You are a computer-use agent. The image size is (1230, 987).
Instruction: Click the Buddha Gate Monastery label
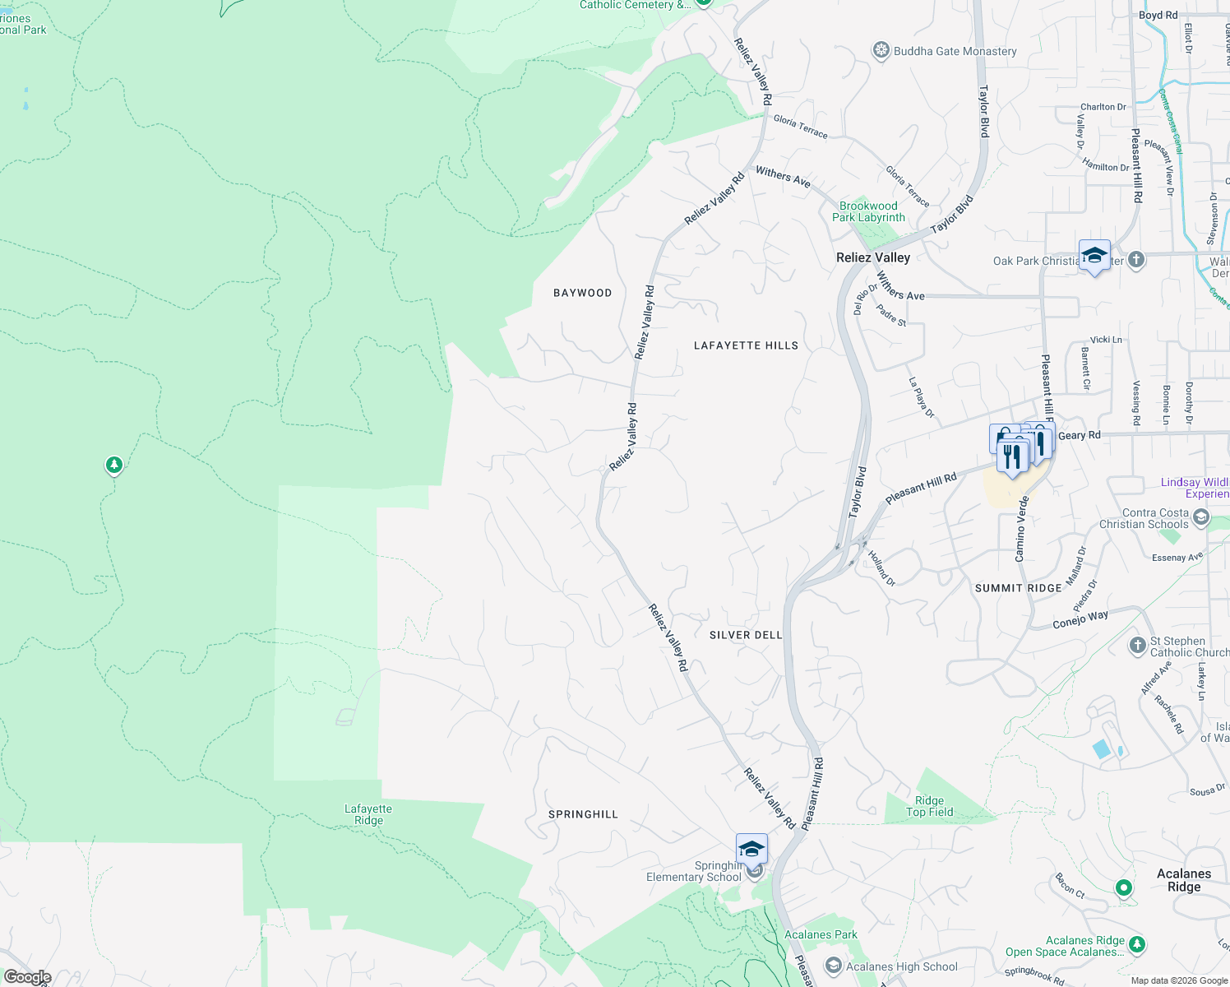(955, 51)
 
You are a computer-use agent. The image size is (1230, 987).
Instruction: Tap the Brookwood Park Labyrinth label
(868, 212)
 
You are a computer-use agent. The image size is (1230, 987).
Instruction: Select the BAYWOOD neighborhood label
(582, 293)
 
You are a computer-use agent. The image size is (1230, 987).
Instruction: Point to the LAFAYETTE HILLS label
(746, 345)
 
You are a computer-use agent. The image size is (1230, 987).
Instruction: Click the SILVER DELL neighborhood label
(746, 635)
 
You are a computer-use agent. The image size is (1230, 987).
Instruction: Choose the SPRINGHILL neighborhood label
(583, 814)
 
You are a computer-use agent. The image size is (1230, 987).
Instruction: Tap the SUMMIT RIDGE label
(1018, 588)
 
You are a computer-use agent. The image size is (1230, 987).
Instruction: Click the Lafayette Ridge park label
(368, 814)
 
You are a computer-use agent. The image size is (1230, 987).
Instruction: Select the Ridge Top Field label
(929, 806)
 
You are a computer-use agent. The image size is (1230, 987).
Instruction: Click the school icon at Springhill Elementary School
(751, 849)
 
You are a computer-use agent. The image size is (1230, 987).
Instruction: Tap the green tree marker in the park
(114, 466)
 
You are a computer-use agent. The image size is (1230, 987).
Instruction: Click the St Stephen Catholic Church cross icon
(1137, 646)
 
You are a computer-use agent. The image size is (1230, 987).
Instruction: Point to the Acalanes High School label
(901, 967)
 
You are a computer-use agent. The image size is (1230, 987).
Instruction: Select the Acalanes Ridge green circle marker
(1123, 887)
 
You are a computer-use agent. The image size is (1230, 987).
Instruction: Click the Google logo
(28, 977)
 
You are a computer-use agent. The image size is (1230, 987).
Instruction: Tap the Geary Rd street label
(1079, 435)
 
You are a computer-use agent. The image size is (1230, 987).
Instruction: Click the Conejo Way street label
(1080, 619)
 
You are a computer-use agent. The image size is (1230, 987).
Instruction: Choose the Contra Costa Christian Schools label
(1144, 518)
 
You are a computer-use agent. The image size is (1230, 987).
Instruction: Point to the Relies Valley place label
(873, 257)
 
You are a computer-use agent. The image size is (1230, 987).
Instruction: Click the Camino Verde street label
(1022, 529)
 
